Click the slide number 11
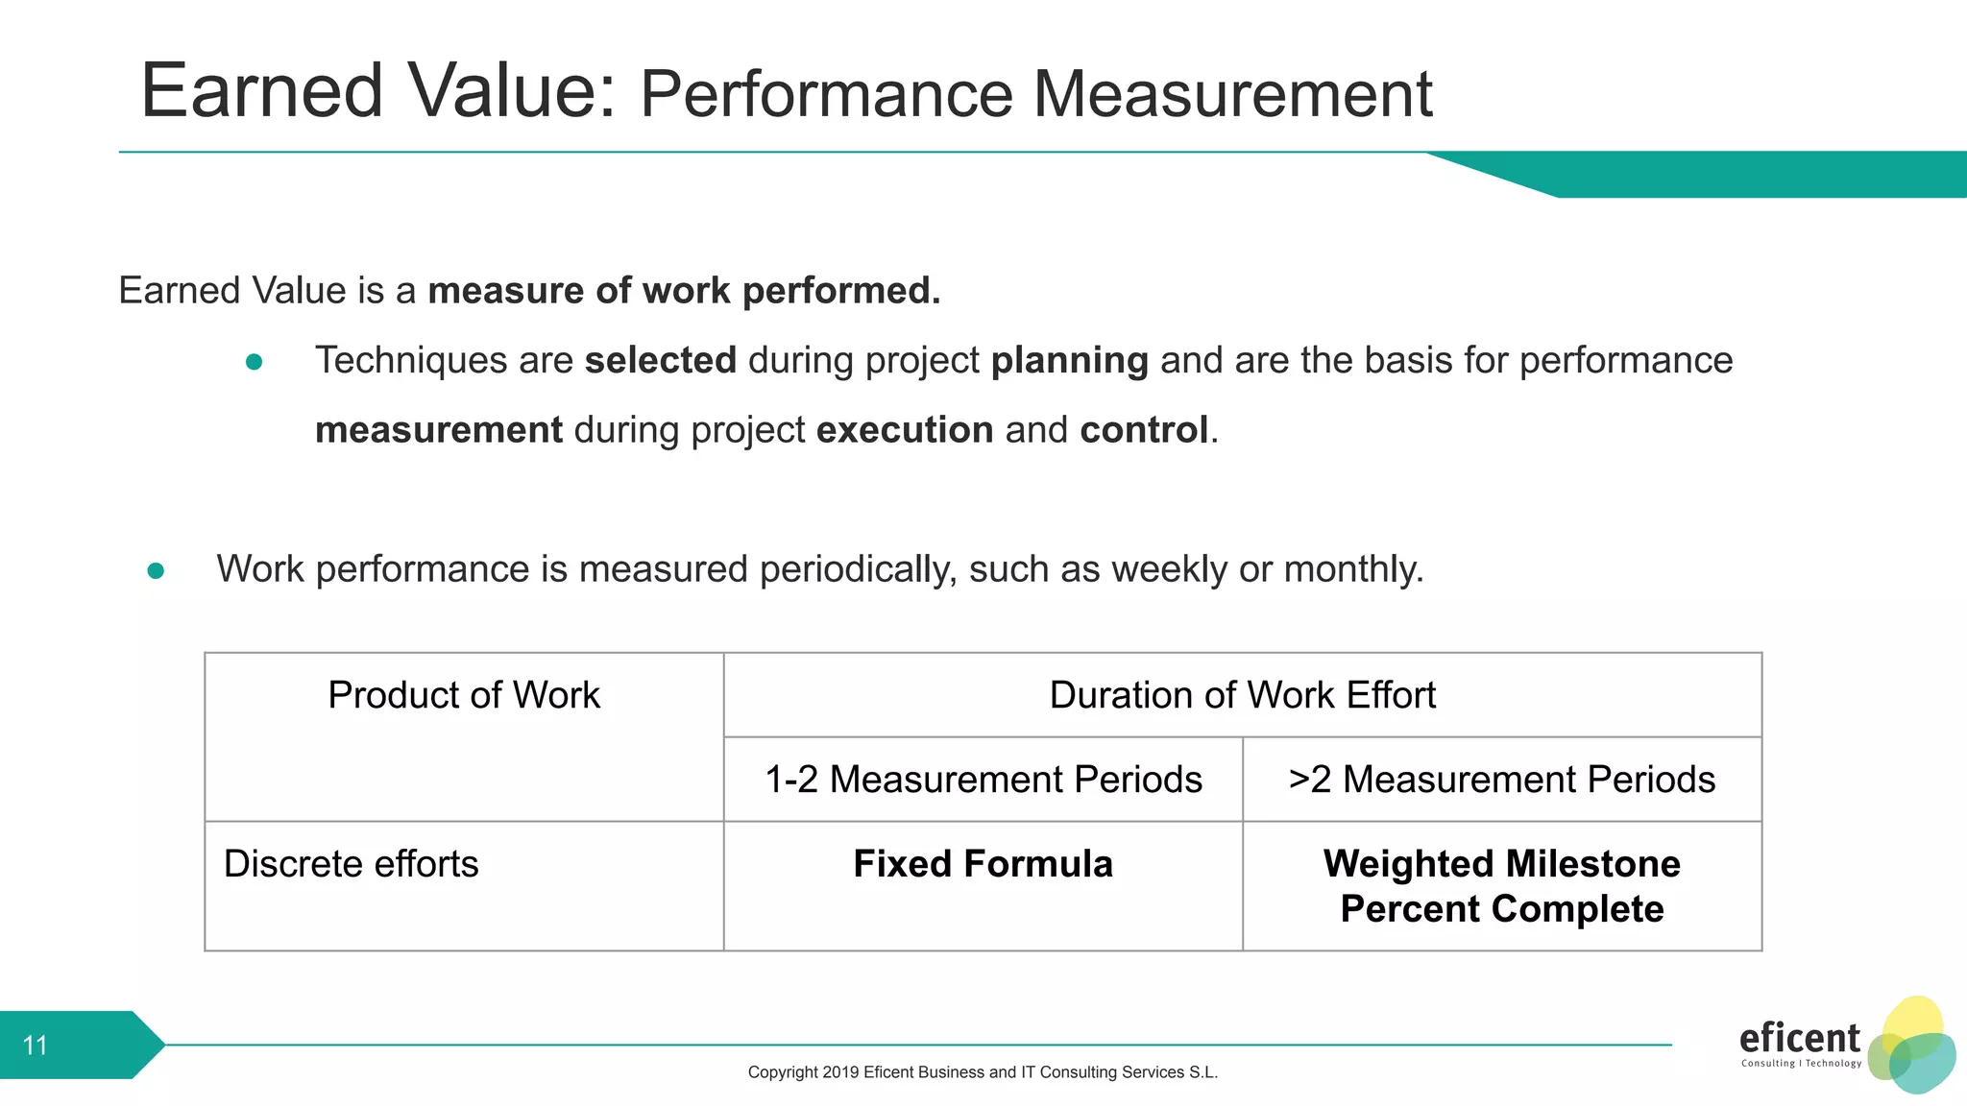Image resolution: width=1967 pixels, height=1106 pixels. coord(36,1045)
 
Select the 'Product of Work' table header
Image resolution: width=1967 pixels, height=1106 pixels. coord(464,695)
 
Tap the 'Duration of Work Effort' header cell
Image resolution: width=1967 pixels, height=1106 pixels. coord(1242,695)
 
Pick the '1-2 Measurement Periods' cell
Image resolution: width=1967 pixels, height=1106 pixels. coord(983,780)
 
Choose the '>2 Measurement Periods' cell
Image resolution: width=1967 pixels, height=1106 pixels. coord(1501,780)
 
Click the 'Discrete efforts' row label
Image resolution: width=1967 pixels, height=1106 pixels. coord(351,864)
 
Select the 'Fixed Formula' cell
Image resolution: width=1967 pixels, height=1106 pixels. coord(983,864)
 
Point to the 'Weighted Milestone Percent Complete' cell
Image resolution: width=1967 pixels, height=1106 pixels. coord(1501,886)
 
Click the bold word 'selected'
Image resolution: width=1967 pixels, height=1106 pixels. coord(660,361)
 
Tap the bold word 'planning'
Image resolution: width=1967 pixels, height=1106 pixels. coord(1069,361)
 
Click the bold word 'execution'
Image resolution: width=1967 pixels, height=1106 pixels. coord(905,430)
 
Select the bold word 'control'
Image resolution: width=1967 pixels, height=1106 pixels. coord(1143,430)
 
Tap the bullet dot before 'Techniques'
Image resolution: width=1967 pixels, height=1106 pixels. coord(255,362)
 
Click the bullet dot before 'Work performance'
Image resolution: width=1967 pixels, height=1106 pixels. coord(156,571)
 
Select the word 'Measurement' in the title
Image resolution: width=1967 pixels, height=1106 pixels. coord(1232,94)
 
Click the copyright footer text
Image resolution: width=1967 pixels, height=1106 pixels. coord(983,1072)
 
